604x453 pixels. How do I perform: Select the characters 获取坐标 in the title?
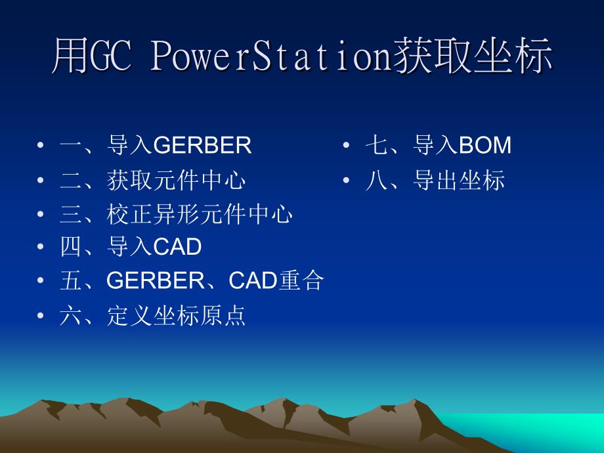click(473, 56)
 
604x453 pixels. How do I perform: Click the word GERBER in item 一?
click(203, 145)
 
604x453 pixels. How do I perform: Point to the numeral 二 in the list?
click(72, 181)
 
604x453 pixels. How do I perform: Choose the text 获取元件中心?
click(176, 180)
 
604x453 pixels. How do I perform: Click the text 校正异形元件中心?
click(200, 214)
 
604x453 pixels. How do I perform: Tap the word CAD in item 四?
click(177, 247)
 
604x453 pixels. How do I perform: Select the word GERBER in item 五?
click(156, 280)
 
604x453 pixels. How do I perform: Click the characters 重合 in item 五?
click(301, 280)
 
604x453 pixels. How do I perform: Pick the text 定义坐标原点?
click(176, 316)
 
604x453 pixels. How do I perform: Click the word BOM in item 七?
click(485, 145)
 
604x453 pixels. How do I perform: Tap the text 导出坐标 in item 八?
click(458, 180)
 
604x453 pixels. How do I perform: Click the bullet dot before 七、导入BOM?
click(346, 145)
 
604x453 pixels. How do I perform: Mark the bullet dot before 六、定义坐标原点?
click(41, 316)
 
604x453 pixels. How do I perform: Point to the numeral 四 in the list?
click(72, 247)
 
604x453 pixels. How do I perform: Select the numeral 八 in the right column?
click(377, 181)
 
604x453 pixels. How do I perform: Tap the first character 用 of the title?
click(70, 56)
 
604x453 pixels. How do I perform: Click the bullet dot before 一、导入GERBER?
click(41, 145)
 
